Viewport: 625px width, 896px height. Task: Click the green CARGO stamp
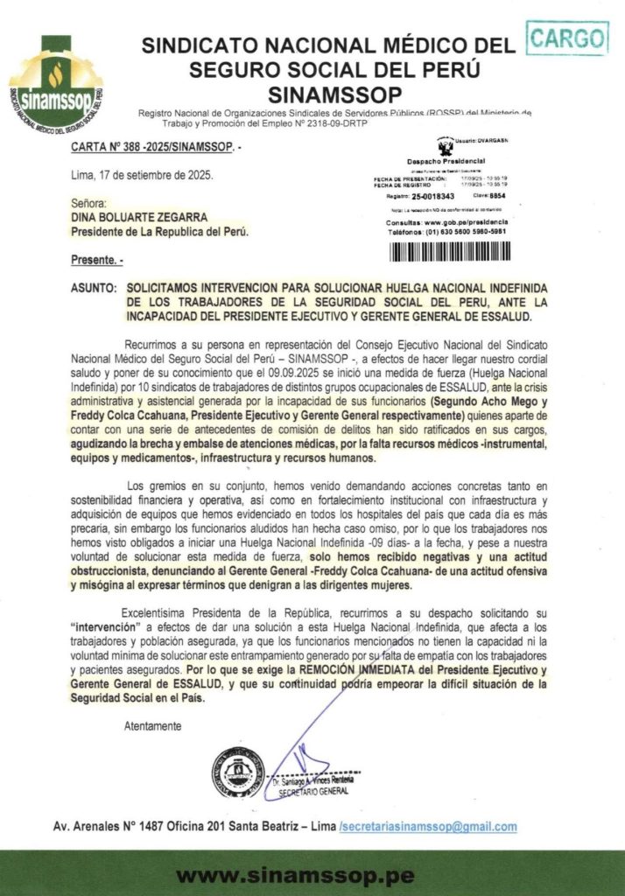(568, 38)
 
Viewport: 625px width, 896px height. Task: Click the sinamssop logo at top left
(54, 84)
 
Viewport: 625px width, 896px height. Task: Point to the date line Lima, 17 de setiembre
(141, 174)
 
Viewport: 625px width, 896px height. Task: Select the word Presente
(94, 261)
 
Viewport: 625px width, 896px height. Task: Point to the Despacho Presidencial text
(446, 162)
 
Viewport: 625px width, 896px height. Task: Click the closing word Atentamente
(153, 725)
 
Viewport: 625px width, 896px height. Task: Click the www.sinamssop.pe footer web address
(312, 875)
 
